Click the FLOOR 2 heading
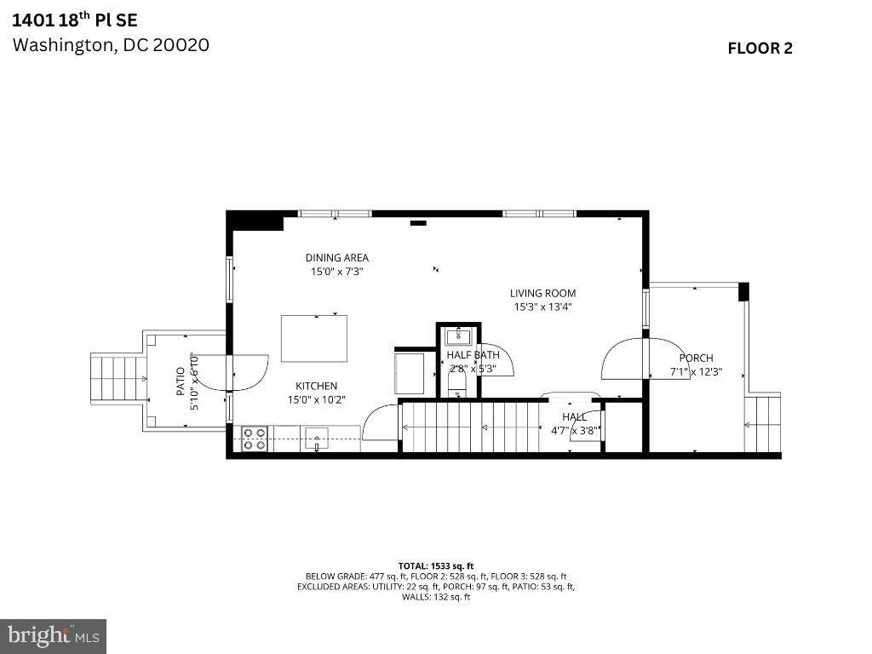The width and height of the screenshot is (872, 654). click(x=760, y=49)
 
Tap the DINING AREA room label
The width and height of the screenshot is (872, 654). click(x=337, y=258)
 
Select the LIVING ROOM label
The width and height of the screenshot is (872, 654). click(x=542, y=294)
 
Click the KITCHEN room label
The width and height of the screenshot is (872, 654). click(x=316, y=386)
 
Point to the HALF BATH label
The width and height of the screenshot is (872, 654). click(x=473, y=355)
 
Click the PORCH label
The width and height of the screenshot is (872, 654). click(x=696, y=359)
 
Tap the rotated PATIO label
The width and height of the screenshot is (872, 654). click(x=181, y=382)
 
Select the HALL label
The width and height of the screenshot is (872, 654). click(x=574, y=417)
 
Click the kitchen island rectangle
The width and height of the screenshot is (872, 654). click(x=314, y=338)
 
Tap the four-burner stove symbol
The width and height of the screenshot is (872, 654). click(x=254, y=439)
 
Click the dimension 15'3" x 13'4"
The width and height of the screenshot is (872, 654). click(x=542, y=307)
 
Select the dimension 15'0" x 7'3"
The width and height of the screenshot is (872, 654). click(x=337, y=272)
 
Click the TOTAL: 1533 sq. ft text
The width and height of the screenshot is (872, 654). click(x=435, y=565)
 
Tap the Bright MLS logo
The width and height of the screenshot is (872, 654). click(x=53, y=635)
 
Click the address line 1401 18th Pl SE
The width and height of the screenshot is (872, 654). click(x=74, y=19)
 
